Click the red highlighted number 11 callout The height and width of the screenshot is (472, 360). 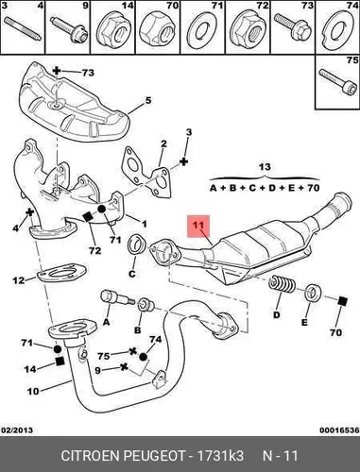198,226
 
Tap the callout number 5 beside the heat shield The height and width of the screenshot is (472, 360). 148,101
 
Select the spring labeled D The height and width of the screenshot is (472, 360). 282,285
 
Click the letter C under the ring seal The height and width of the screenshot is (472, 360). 132,274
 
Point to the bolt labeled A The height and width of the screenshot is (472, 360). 117,299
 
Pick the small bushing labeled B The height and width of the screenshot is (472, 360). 146,304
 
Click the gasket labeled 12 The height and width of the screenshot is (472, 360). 61,271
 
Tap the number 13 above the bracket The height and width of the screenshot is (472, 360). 265,166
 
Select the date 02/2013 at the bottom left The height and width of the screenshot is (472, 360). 17,430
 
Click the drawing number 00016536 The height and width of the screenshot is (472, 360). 339,430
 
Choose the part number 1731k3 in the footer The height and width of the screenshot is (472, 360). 220,456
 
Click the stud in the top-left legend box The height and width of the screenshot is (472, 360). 22,27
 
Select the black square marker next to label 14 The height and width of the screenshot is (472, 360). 59,362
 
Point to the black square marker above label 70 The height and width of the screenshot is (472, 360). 342,301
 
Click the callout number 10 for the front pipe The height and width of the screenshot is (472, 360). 33,391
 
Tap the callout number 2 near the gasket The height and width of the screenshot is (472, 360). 163,143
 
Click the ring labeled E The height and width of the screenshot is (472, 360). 313,293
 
